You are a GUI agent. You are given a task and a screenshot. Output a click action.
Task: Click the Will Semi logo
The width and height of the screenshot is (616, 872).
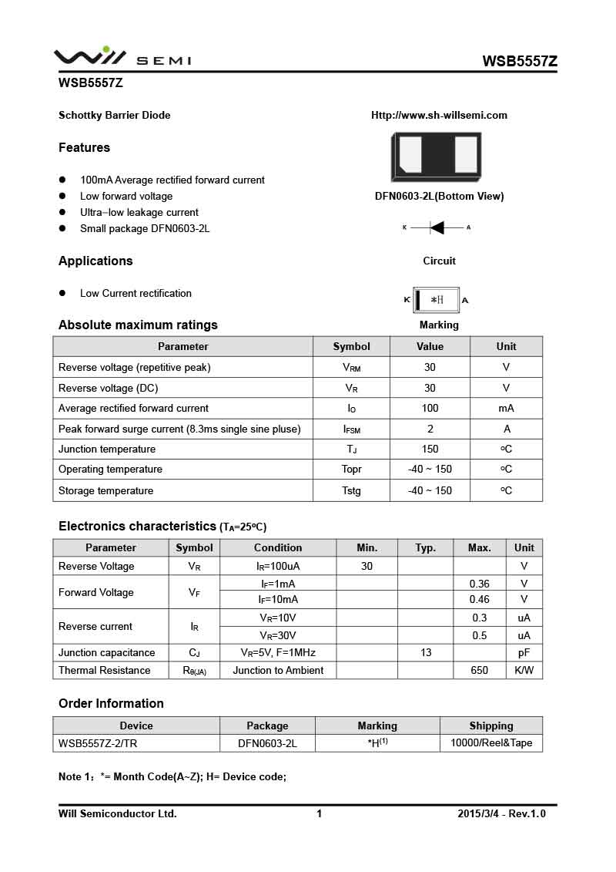click(x=122, y=57)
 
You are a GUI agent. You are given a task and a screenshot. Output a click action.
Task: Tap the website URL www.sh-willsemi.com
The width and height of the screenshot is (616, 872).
click(x=439, y=116)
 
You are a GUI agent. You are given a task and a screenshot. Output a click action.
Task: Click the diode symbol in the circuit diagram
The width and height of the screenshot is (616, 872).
click(x=437, y=227)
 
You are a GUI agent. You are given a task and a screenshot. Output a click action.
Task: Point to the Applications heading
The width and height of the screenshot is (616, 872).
click(x=95, y=261)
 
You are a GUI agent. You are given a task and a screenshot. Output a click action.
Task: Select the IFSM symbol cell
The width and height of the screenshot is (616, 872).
click(x=351, y=429)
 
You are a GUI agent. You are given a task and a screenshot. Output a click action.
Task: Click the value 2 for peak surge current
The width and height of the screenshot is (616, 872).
click(x=430, y=429)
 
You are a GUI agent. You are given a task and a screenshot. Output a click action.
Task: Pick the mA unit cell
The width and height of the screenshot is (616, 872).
click(x=506, y=408)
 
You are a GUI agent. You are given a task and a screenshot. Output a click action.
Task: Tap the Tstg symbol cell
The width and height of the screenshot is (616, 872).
click(x=351, y=490)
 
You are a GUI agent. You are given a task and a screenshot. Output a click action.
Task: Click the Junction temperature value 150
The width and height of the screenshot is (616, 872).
click(x=430, y=449)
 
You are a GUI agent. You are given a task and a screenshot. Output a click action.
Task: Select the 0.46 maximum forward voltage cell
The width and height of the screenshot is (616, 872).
click(x=479, y=599)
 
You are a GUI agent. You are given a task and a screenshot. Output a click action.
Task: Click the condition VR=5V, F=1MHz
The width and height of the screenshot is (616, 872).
click(x=278, y=652)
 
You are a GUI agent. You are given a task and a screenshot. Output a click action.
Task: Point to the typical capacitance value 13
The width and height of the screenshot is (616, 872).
click(x=426, y=652)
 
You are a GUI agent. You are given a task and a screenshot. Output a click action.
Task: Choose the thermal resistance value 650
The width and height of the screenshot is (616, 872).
click(x=479, y=670)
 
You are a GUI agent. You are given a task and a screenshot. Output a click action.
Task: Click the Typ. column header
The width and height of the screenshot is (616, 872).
click(x=426, y=547)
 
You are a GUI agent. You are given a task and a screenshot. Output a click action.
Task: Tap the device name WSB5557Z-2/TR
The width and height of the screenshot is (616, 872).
click(x=98, y=743)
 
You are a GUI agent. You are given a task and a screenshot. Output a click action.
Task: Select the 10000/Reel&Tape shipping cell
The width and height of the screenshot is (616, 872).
click(x=490, y=743)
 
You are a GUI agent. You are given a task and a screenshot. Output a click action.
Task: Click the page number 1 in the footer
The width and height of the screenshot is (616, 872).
click(x=319, y=813)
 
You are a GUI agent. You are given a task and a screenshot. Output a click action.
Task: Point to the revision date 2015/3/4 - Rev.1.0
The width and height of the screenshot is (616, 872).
click(x=501, y=813)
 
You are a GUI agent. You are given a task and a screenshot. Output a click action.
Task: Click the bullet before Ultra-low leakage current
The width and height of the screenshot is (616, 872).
click(x=63, y=212)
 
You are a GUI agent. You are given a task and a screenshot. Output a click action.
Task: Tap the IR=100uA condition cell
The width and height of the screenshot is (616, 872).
click(x=278, y=566)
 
